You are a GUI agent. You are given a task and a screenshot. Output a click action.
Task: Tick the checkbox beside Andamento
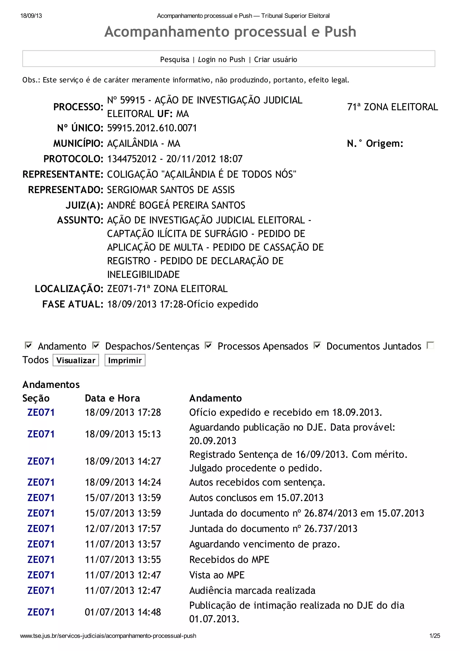pos(29,345)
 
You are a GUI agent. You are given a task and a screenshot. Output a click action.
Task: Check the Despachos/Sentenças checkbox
pos(96,345)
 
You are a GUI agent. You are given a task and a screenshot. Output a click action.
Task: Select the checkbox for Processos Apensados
pos(209,345)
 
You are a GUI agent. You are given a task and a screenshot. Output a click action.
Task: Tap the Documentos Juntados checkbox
pos(317,345)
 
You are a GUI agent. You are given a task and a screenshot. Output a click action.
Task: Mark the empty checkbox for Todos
pos(430,345)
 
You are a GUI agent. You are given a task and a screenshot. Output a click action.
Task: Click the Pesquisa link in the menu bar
pos(175,60)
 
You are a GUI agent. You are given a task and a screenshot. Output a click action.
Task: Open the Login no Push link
pos(221,60)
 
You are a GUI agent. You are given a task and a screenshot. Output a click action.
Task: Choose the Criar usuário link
pos(276,60)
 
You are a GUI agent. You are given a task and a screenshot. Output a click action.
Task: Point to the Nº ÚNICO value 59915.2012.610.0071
pos(152,128)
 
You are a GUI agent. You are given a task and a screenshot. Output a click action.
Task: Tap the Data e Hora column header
pos(112,398)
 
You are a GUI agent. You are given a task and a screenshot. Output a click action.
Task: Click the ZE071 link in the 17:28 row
pos(41,412)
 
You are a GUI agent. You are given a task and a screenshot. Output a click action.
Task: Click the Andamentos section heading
pos(51,384)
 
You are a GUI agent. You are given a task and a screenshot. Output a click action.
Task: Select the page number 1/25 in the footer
pos(434,636)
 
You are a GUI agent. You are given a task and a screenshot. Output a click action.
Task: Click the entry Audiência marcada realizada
pos(252,590)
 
